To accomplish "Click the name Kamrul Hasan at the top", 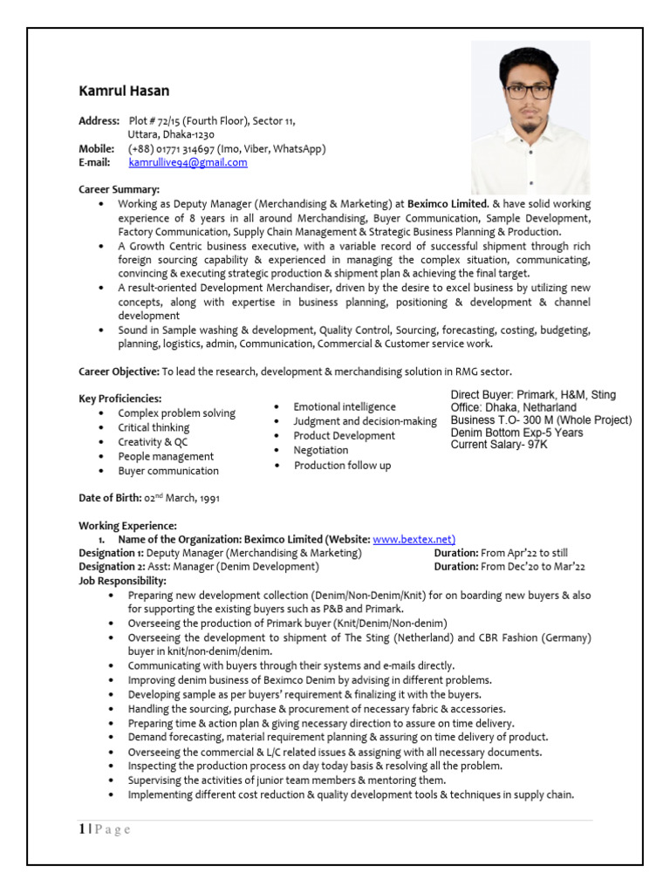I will [124, 91].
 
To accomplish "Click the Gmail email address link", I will [188, 162].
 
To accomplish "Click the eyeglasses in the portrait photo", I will [528, 91].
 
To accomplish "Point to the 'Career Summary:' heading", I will [120, 189].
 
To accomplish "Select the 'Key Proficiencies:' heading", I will [120, 399].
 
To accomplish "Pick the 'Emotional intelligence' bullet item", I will [344, 407].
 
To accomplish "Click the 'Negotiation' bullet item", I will [320, 450].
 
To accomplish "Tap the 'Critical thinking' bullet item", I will [154, 427].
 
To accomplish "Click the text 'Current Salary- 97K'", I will [499, 445].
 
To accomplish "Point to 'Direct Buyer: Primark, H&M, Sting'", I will [533, 395].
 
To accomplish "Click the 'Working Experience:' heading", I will [127, 526].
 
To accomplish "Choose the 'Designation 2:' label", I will [112, 567].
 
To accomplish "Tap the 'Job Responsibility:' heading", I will [122, 581].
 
